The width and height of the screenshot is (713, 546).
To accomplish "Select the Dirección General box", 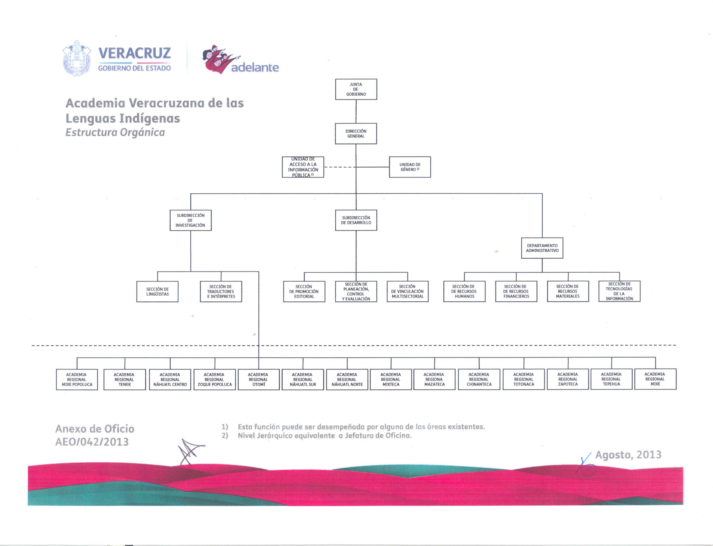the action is coord(356,134).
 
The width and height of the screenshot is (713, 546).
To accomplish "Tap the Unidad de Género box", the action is coord(410,167).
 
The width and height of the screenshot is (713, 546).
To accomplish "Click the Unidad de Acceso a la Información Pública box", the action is coord(303,167).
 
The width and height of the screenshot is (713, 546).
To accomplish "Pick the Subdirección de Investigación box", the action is coord(191,220).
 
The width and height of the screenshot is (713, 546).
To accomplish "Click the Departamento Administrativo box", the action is coord(542,248).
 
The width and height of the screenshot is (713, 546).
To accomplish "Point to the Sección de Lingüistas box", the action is coord(157,292).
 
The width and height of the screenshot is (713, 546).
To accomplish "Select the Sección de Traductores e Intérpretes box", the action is coord(221,292).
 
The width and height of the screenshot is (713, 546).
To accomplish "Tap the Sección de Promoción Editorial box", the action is coord(304,292).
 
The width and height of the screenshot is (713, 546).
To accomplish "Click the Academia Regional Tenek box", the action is coord(125,379).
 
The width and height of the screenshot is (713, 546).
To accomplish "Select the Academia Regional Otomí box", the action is coord(259,379).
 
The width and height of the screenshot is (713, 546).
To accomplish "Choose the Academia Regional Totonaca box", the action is coord(524,379).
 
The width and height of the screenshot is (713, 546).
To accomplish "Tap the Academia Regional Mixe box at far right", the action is coord(655,379).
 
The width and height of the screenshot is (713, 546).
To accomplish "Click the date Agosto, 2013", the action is coord(628,455).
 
